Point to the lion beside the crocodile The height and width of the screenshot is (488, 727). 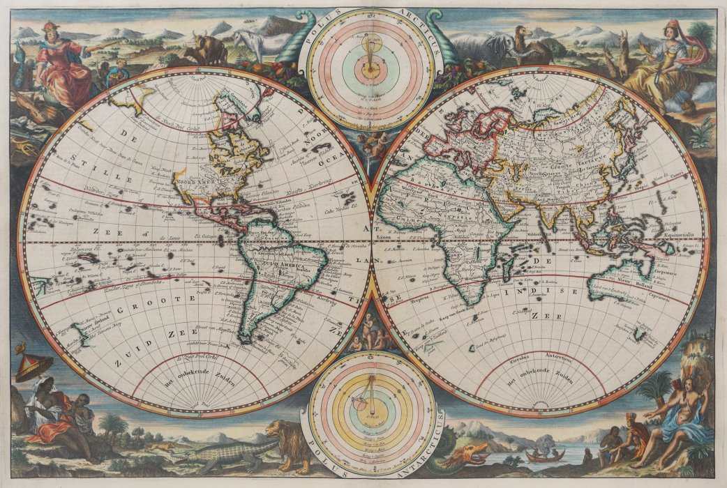click(x=287, y=443)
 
